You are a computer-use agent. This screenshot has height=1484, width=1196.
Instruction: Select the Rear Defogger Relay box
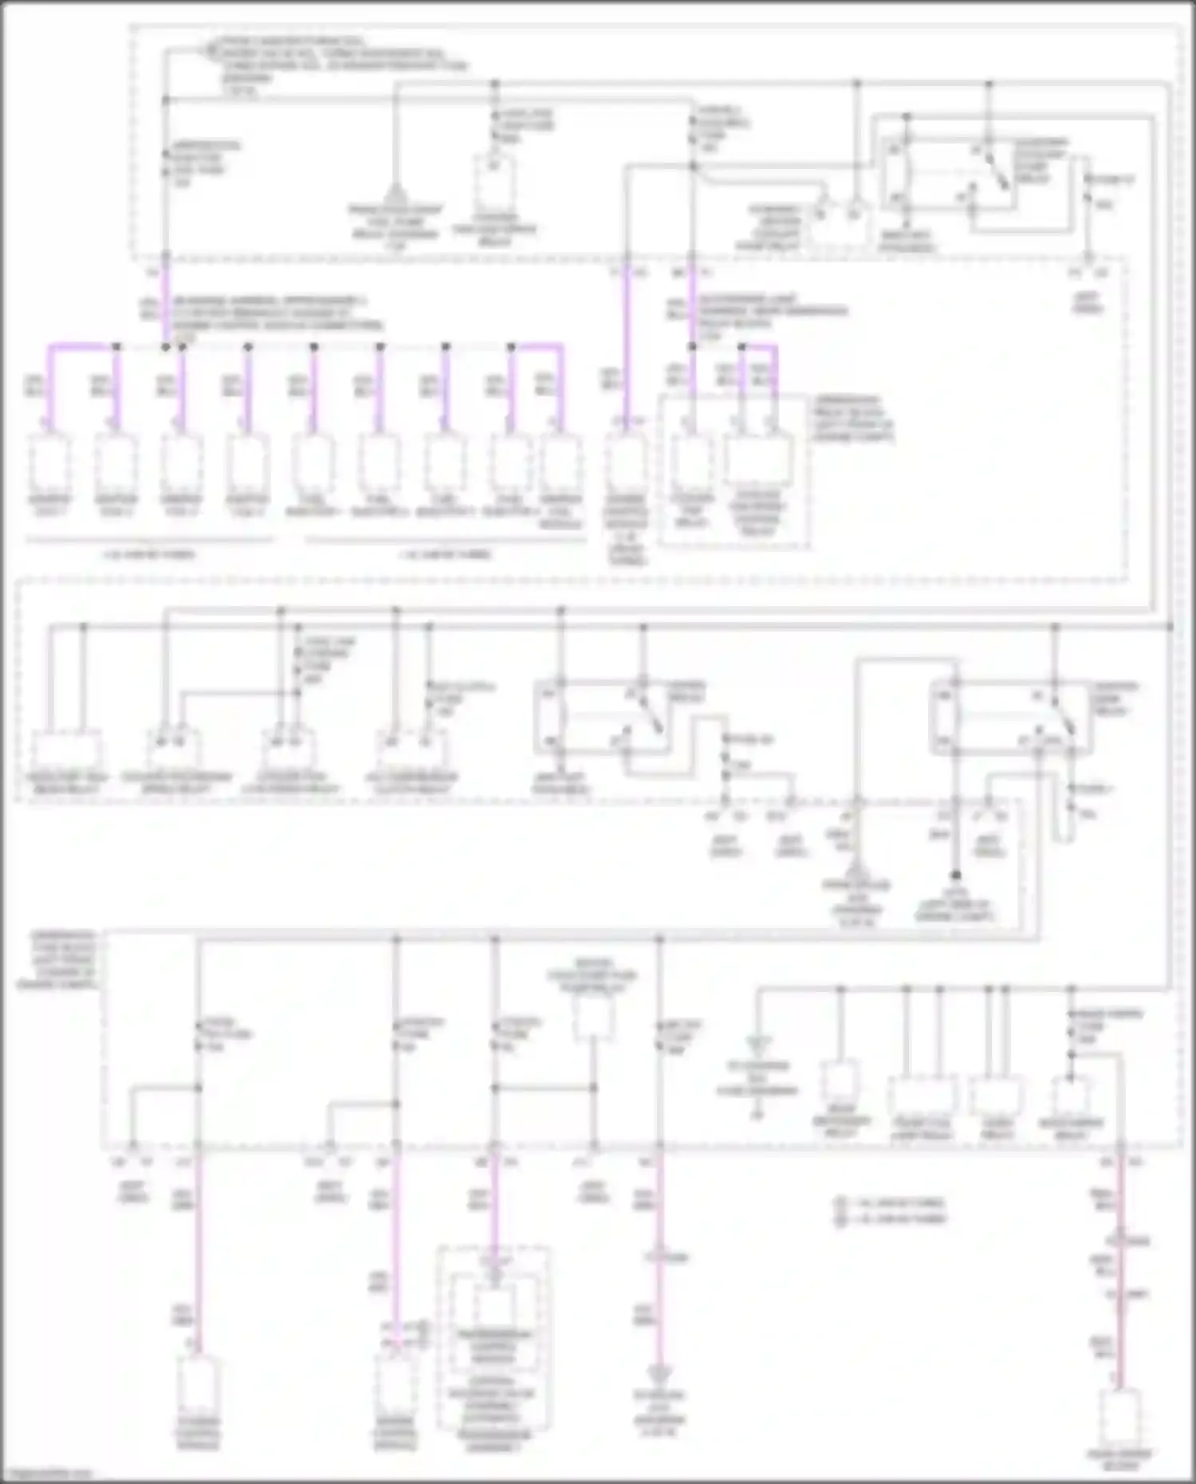click(x=840, y=1081)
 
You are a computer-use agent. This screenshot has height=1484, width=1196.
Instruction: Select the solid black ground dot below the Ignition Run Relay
click(x=955, y=875)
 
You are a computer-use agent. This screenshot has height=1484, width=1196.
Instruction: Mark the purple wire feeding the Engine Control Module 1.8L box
click(x=626, y=343)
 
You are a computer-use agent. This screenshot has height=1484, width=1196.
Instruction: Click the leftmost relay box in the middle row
click(x=67, y=750)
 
